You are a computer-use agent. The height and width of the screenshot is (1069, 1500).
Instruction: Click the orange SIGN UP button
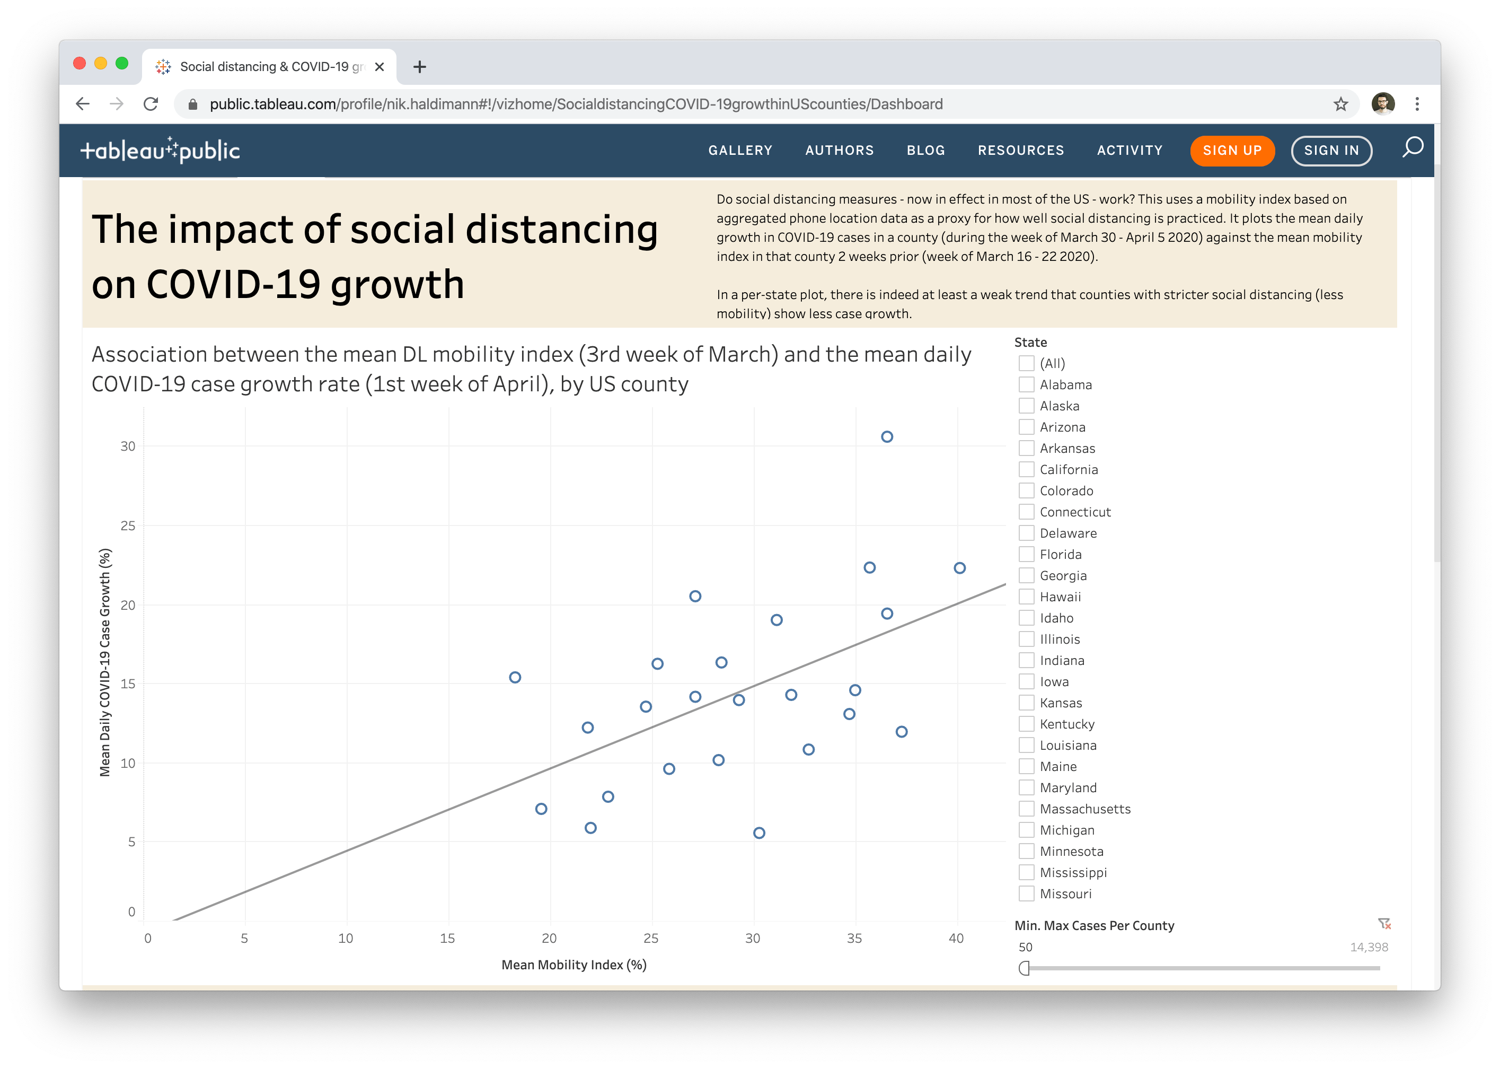(1232, 151)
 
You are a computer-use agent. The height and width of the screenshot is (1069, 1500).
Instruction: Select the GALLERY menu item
(740, 151)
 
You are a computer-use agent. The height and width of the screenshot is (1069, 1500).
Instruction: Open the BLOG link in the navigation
(925, 151)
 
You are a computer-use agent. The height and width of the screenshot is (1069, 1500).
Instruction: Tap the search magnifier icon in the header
(1412, 147)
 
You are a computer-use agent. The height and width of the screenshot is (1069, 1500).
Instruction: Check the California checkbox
(1026, 469)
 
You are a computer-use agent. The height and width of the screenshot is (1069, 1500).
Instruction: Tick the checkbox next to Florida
(1026, 554)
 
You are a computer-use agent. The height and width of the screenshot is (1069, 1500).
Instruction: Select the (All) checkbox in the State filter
(1026, 363)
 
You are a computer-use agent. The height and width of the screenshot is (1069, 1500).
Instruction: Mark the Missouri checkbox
(1026, 894)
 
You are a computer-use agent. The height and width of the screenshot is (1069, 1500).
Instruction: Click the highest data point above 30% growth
(887, 437)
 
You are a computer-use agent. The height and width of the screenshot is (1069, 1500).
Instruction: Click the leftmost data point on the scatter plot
(515, 677)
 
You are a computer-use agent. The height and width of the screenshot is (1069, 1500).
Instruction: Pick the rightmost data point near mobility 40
(959, 568)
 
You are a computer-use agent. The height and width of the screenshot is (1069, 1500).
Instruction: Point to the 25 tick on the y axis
(128, 526)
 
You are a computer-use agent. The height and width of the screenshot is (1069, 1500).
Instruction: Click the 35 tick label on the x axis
(854, 939)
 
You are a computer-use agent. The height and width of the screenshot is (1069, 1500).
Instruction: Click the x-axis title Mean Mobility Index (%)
(573, 965)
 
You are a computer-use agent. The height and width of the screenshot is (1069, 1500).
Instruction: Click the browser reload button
(151, 104)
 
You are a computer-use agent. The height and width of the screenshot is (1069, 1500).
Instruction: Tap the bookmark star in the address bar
(1340, 104)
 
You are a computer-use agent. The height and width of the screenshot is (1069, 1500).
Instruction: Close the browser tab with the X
(380, 66)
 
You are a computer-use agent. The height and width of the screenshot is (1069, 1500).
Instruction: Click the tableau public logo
(160, 151)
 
